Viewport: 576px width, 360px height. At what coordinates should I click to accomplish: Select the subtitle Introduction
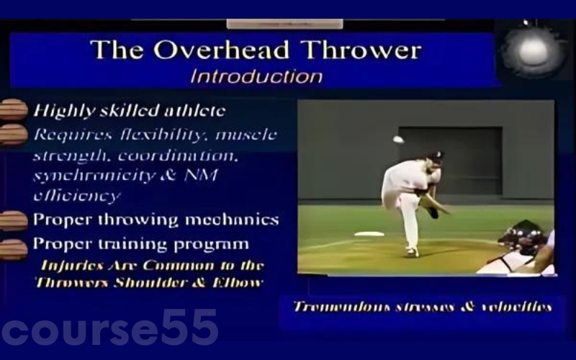(x=256, y=76)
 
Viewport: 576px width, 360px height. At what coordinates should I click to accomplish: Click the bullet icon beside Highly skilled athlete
(x=13, y=110)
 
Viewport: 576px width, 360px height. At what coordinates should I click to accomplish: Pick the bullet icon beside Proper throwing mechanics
(x=13, y=220)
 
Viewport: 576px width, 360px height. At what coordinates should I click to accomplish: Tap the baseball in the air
(x=397, y=139)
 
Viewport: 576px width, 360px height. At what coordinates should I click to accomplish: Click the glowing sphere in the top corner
(x=532, y=49)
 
